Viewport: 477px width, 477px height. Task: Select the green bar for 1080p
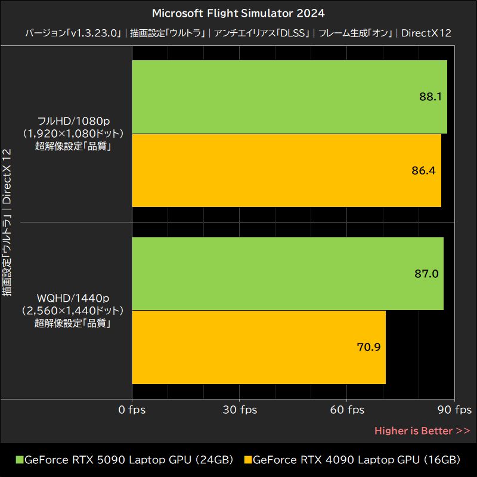(289, 97)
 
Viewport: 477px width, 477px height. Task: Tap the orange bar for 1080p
(286, 171)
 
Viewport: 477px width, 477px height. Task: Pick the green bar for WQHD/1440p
(287, 274)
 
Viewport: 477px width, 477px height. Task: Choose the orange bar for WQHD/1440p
(259, 347)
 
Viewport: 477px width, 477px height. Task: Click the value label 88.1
(430, 97)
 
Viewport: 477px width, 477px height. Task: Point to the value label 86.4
(423, 171)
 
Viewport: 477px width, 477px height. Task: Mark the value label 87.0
(426, 274)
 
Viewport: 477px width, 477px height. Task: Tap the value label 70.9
(368, 347)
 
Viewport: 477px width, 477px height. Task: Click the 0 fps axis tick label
(132, 410)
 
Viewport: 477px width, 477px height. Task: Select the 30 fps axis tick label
(240, 410)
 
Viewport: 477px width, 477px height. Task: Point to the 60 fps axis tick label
(347, 410)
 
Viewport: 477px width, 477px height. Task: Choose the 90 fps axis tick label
(454, 410)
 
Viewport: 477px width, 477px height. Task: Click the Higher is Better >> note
(422, 430)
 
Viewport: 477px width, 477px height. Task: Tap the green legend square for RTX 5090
(19, 460)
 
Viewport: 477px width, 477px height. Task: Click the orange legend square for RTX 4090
(249, 460)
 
